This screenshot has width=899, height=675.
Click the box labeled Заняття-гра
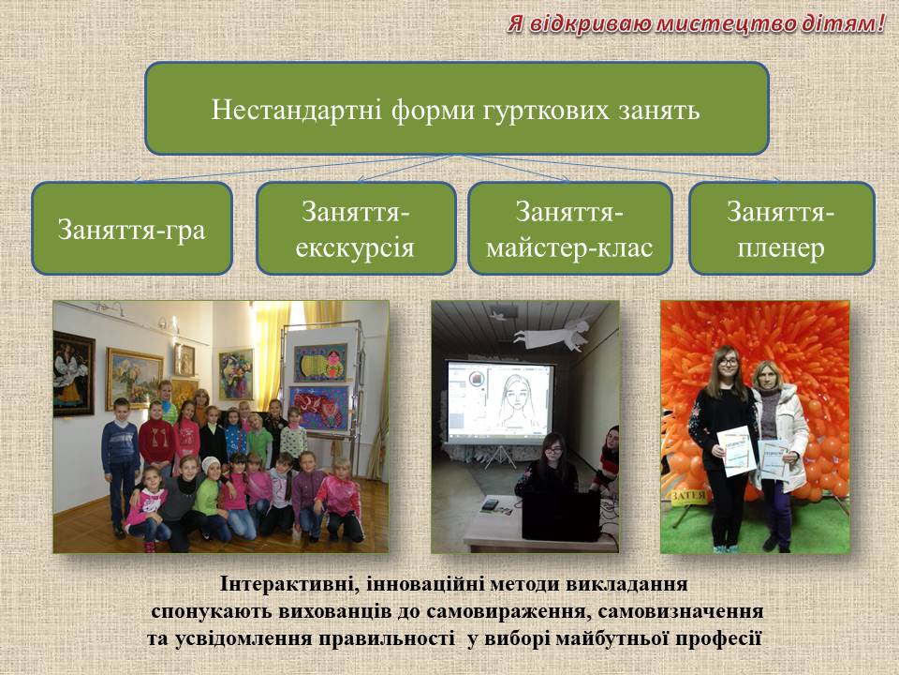[x=132, y=229]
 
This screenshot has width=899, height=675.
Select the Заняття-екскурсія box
[x=356, y=229]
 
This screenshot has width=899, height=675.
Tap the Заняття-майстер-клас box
[x=570, y=229]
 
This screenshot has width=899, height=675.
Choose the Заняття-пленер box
[x=781, y=229]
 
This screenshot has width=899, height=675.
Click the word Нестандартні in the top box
[x=297, y=110]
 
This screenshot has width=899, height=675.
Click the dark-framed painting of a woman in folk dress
[x=74, y=374]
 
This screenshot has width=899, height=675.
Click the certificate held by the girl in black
[x=736, y=451]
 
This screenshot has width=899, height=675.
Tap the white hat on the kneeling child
[x=211, y=463]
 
